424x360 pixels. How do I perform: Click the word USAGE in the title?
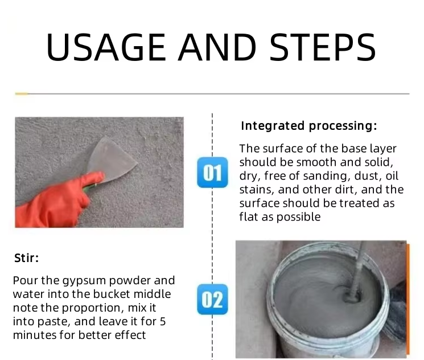(106, 47)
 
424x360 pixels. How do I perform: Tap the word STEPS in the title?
(323, 47)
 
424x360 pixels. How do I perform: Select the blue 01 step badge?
(212, 173)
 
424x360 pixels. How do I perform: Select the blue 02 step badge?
(212, 300)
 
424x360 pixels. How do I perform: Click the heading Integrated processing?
(309, 126)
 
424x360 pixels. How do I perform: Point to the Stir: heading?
(27, 258)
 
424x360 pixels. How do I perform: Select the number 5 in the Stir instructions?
(163, 321)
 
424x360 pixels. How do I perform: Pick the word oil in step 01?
(392, 175)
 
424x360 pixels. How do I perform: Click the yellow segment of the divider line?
(22, 94)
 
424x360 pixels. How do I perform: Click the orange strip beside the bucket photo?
(408, 298)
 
